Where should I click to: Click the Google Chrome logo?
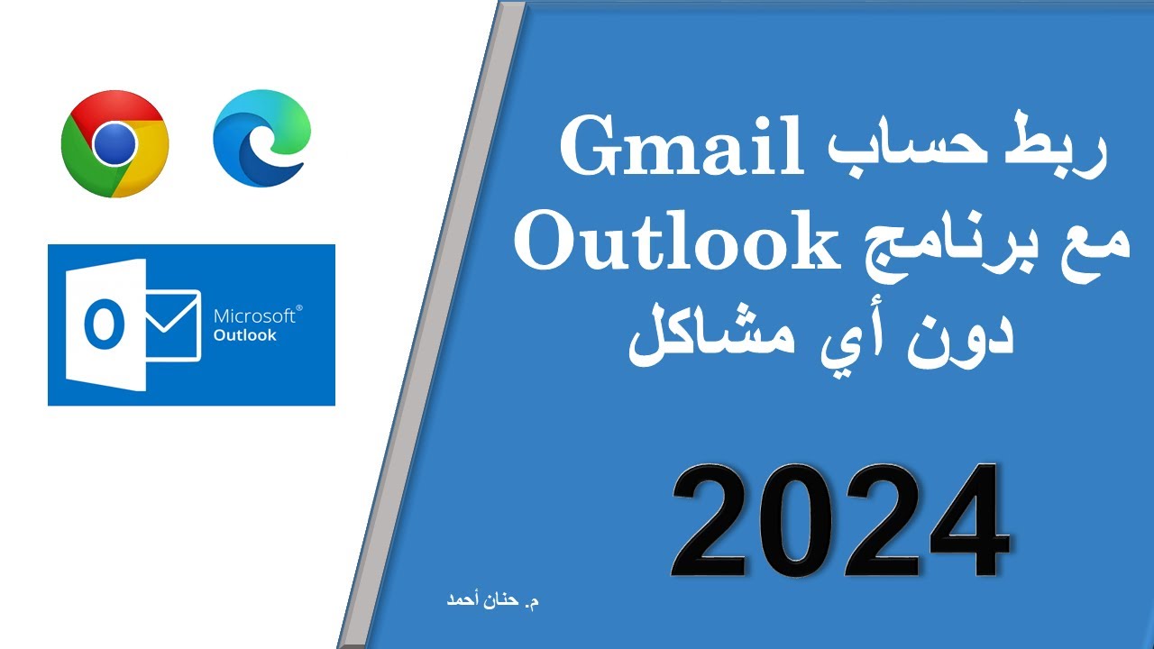(114, 143)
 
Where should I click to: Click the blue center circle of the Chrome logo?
(114, 143)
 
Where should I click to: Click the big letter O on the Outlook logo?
(104, 325)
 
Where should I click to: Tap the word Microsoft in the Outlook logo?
(253, 316)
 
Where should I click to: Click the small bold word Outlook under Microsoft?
(244, 335)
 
